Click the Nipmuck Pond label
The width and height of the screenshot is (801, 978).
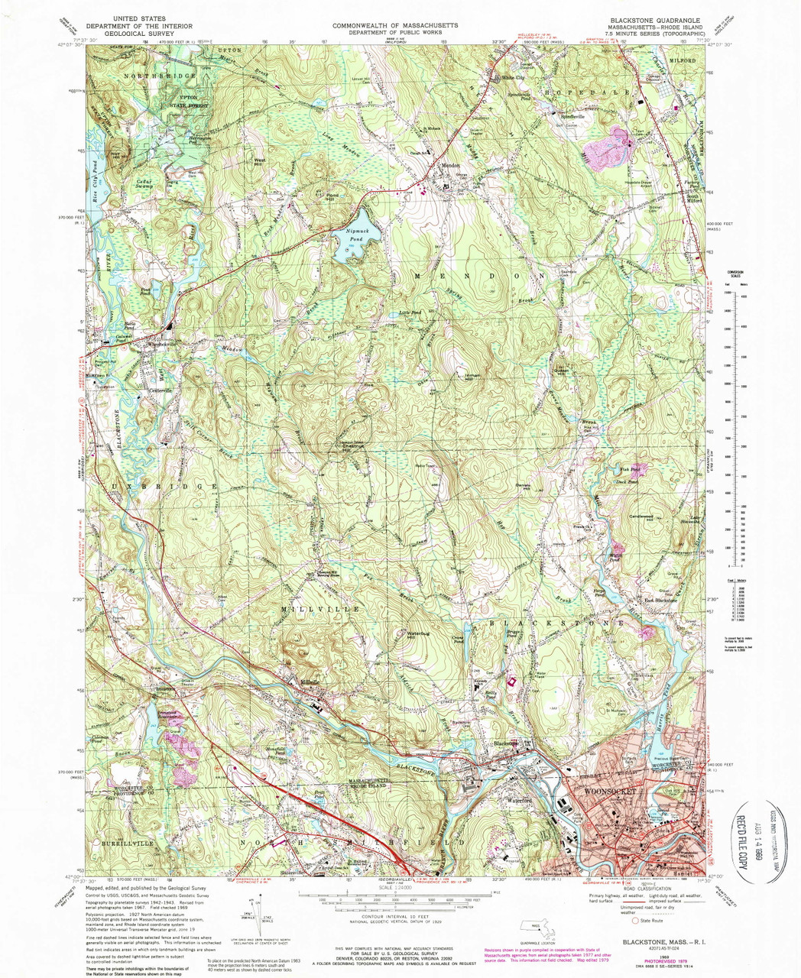click(353, 235)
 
